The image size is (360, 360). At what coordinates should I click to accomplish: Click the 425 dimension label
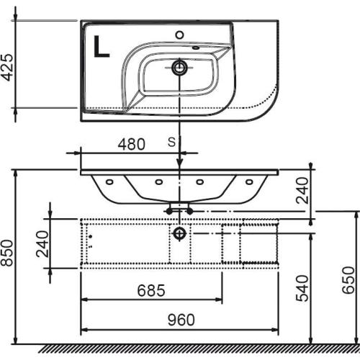point(7,68)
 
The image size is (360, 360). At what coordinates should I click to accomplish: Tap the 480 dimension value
point(132,144)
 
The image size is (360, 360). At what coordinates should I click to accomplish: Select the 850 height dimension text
point(6,253)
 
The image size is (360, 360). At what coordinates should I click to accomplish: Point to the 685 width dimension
point(151,290)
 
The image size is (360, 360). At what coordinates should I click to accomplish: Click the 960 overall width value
point(181,320)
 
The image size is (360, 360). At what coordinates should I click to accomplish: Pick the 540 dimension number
point(302,288)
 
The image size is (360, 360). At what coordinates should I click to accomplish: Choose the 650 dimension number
point(348,280)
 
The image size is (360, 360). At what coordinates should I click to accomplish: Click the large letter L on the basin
point(102,46)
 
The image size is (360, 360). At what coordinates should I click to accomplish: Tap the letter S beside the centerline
point(171,143)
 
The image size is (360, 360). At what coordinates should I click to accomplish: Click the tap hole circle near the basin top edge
point(179,35)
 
